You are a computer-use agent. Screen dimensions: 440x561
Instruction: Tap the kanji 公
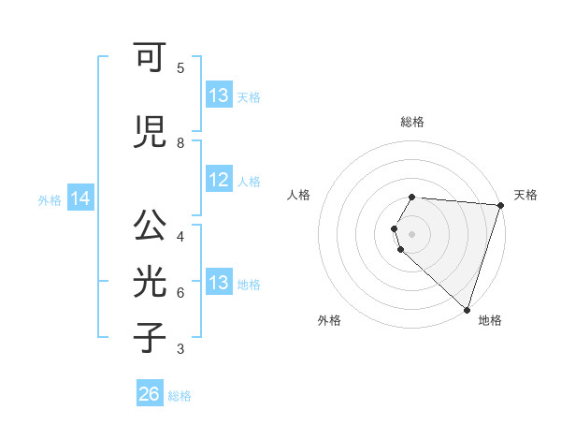pos(150,226)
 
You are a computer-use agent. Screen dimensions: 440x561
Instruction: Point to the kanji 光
pos(150,283)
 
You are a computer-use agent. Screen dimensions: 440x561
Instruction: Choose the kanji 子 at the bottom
pos(150,338)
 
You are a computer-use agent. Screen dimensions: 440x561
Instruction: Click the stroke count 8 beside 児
pos(180,142)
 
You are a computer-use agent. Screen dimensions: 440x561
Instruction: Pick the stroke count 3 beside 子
pos(180,349)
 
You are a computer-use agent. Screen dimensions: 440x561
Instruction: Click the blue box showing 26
pos(150,394)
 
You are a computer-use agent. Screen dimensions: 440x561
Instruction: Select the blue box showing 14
pos(80,198)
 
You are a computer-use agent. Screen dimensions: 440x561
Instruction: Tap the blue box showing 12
pos(219,181)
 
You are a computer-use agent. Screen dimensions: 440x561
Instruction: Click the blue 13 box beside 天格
pos(219,95)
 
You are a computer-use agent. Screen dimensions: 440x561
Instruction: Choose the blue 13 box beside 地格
pos(219,283)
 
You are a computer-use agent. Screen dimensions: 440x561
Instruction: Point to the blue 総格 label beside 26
pos(180,396)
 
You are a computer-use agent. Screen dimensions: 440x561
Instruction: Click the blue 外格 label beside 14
pos(50,199)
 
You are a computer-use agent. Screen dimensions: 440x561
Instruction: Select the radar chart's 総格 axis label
pos(412,122)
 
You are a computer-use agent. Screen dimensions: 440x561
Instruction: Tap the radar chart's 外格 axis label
pos(329,320)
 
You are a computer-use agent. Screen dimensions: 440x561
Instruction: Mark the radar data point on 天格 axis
pos(500,205)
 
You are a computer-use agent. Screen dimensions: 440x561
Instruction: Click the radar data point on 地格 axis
pos(467,309)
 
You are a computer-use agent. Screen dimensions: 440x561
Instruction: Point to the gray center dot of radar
pos(412,232)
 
